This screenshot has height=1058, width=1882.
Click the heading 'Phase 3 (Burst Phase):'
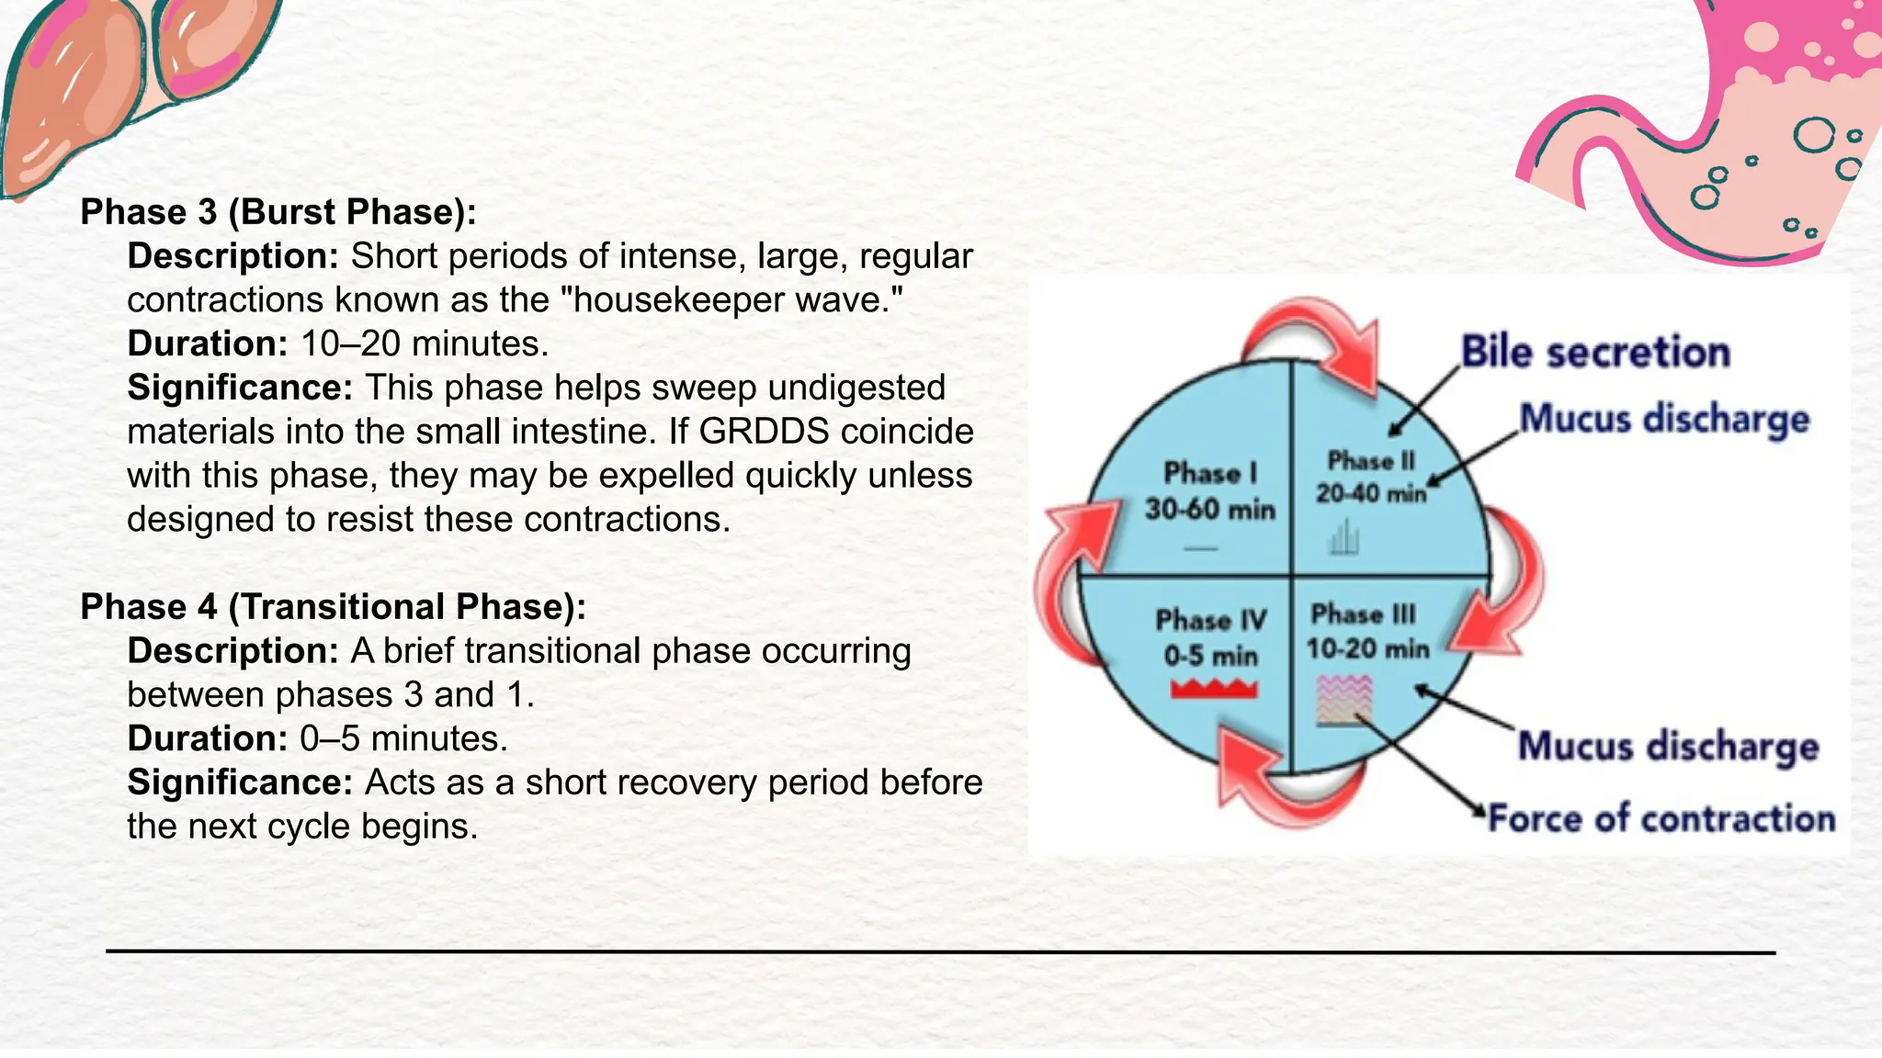coord(278,212)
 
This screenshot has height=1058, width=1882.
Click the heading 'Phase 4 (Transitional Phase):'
coord(333,607)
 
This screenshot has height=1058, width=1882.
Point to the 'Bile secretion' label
coord(1595,352)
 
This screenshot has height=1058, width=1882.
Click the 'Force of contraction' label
coord(1661,818)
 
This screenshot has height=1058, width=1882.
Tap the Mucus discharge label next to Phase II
coord(1664,419)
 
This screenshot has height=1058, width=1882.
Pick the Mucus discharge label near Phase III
coord(1668,746)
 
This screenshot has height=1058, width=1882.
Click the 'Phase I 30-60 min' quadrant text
coord(1209,491)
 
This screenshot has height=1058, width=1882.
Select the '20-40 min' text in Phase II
coord(1371,494)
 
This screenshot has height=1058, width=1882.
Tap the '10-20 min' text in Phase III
coord(1367,649)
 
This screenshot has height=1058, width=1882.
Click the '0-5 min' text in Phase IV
coord(1210,656)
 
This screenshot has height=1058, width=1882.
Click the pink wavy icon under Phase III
coord(1344,700)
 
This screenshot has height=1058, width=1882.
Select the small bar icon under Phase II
coord(1343,537)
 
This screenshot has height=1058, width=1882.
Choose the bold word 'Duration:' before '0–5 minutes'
coord(208,739)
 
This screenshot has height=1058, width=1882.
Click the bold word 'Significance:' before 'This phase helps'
coord(240,388)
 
